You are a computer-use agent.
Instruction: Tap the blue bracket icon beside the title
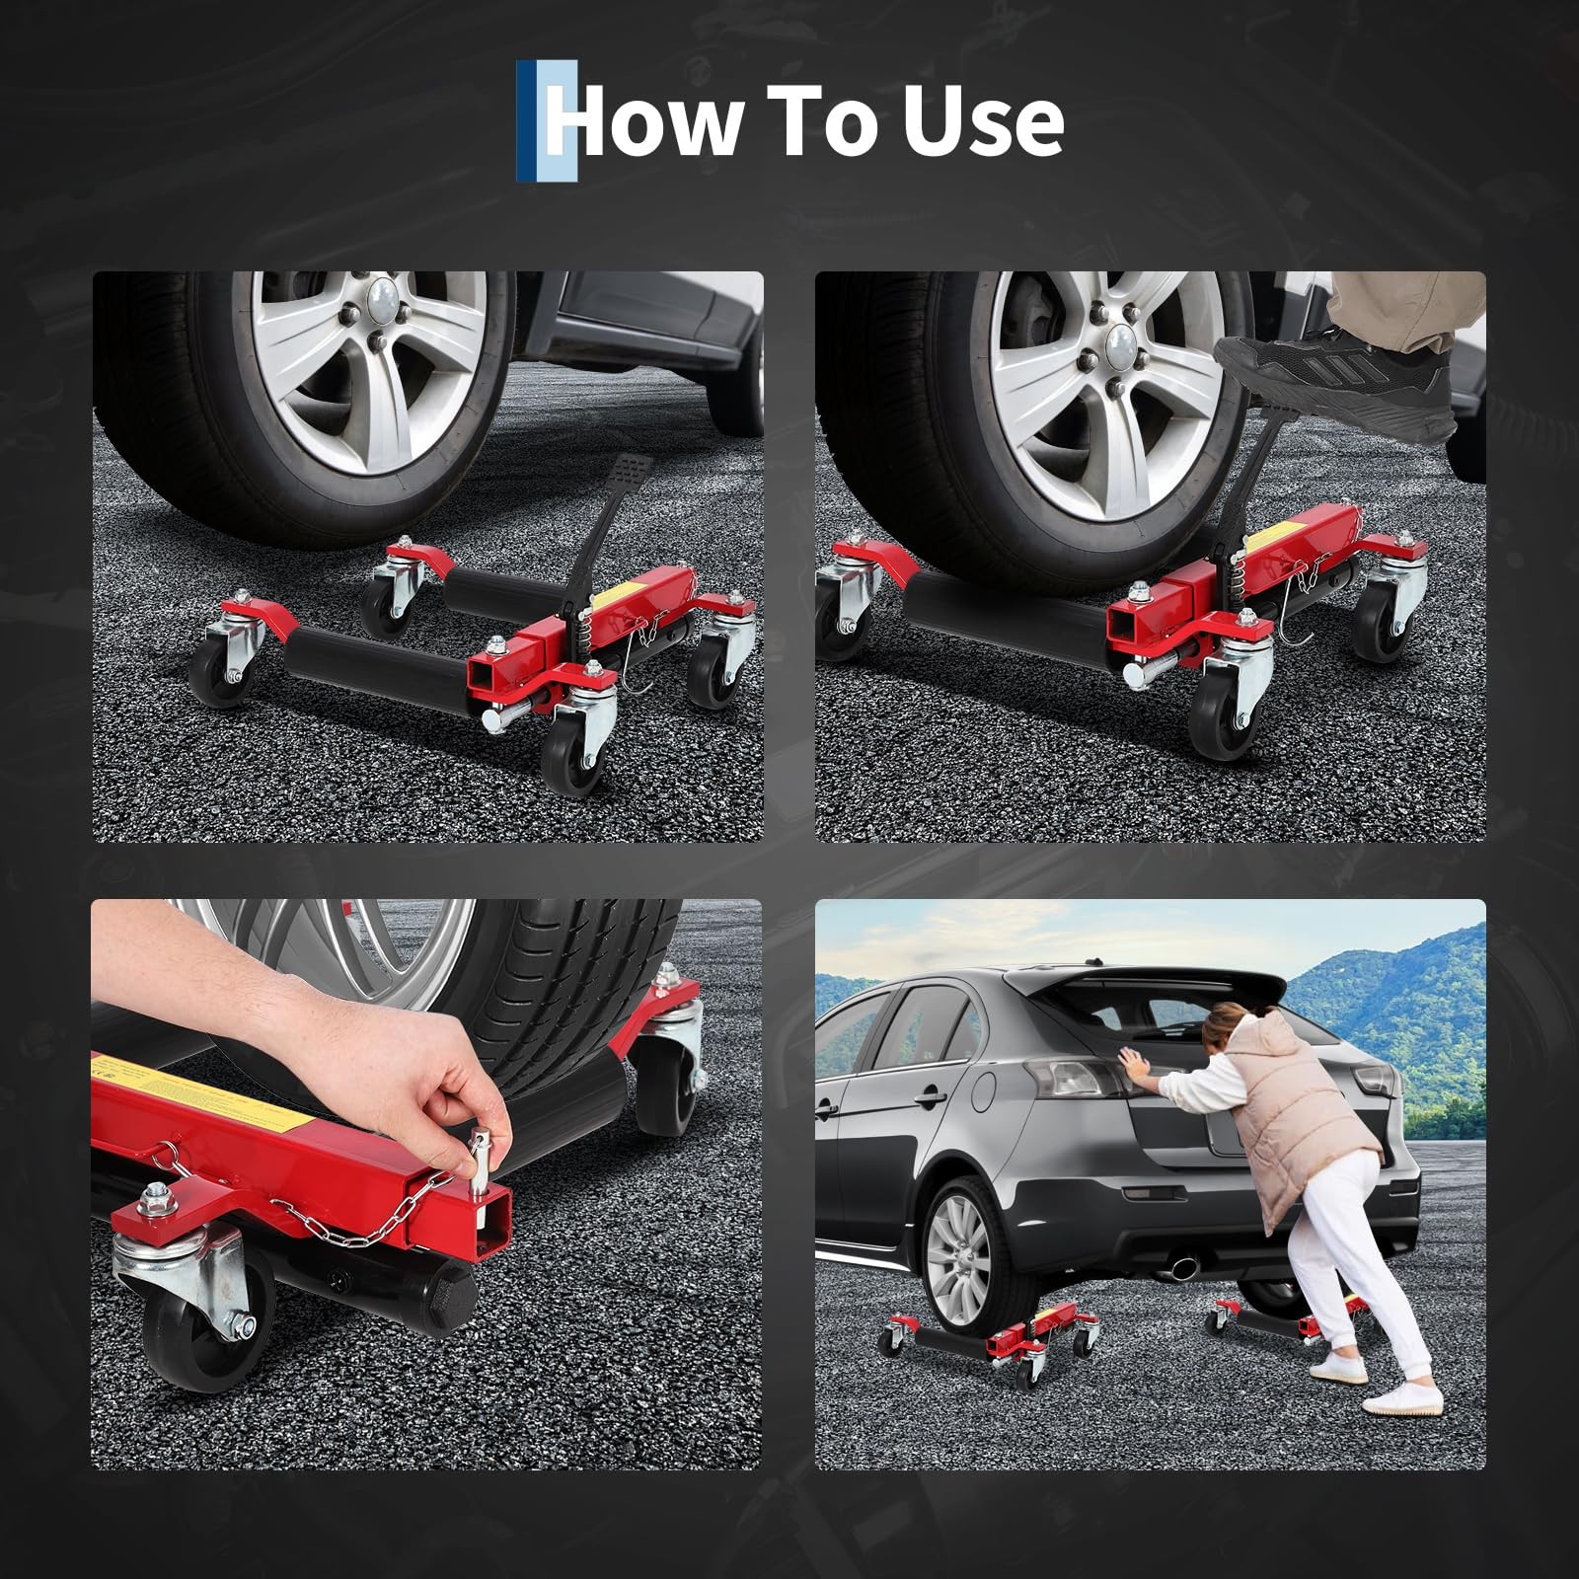[x=546, y=121]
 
